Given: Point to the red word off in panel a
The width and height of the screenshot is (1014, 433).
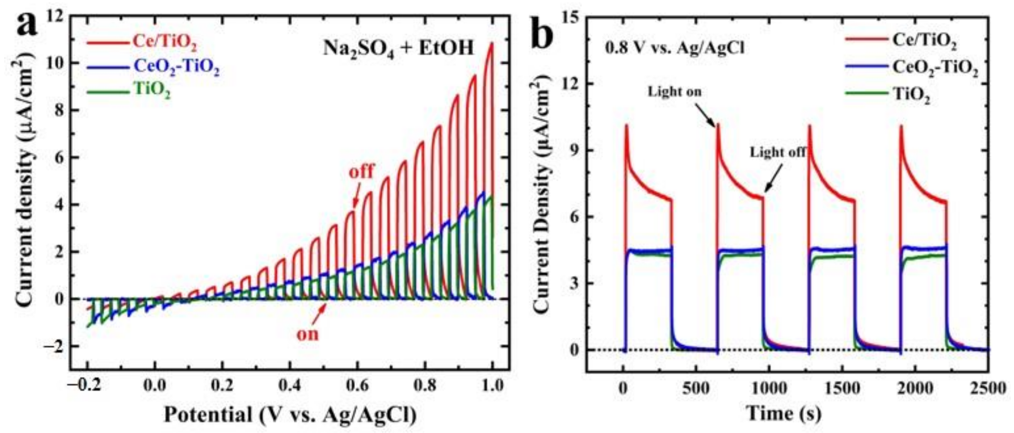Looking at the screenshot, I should click(361, 172).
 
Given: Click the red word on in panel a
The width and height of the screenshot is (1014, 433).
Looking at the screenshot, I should click(307, 334).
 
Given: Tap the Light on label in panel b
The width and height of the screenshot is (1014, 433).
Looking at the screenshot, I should click(675, 92).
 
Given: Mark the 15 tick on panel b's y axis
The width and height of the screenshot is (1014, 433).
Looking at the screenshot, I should click(568, 17).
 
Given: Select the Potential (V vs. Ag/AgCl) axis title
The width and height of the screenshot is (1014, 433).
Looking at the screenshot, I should click(290, 415).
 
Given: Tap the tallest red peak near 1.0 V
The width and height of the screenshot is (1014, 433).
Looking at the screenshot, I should click(491, 55).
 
